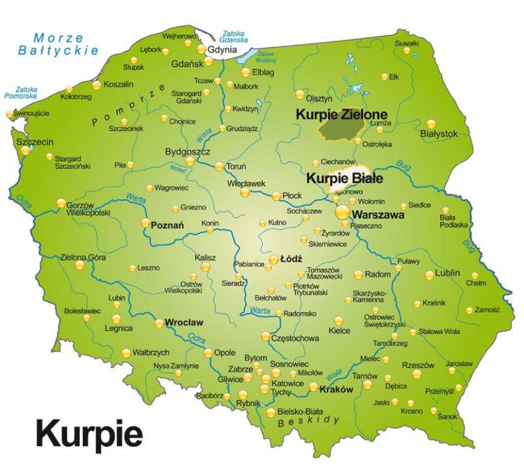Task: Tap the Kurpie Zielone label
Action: (341, 114)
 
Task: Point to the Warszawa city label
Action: (378, 215)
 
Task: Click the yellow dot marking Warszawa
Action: (343, 213)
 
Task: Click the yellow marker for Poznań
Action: (145, 222)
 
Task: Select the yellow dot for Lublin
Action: (429, 275)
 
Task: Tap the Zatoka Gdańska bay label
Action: (233, 37)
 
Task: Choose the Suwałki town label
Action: (407, 44)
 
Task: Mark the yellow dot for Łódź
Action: (274, 260)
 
